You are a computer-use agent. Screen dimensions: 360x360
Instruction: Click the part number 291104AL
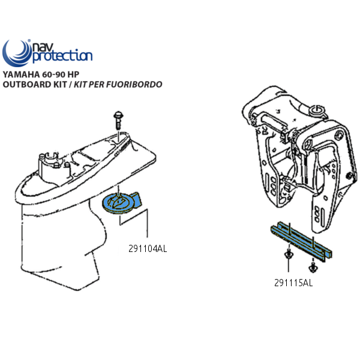pos(148,248)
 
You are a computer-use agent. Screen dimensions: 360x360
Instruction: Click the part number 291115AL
pos(293,283)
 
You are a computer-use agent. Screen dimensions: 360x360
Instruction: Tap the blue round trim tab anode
pos(121,203)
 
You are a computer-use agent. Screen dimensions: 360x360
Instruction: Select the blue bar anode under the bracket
pos(301,242)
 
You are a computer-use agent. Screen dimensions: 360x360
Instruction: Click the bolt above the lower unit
pos(118,121)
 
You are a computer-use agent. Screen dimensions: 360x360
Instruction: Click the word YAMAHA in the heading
pos(21,74)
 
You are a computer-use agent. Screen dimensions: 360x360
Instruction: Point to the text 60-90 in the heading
pos(53,74)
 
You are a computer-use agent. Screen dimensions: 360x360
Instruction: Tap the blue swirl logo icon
pos(16,53)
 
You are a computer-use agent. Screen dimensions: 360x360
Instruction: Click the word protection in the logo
pos(62,56)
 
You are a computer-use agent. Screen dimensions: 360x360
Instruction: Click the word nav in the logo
pos(40,47)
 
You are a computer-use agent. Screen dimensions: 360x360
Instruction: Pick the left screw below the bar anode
pos(288,254)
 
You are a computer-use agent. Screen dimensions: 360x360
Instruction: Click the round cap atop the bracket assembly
pos(317,109)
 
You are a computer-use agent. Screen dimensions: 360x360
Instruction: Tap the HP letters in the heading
pos(73,74)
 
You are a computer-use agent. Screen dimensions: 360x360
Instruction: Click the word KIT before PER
pos(80,85)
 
